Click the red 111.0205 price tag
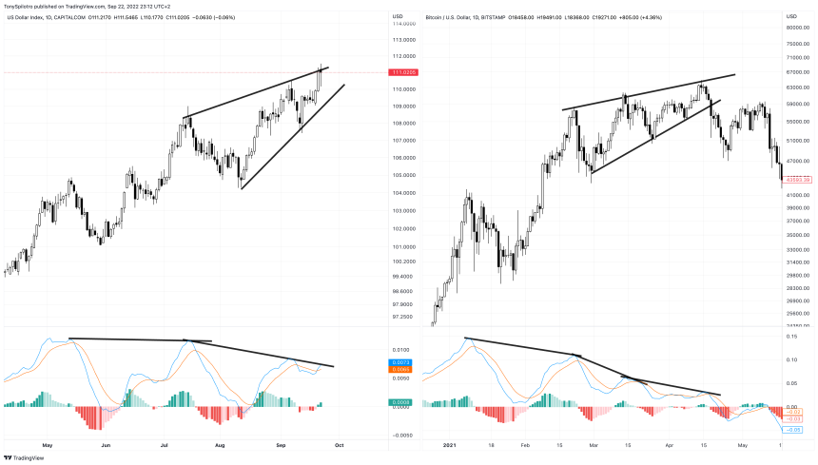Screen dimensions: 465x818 tap(403, 72)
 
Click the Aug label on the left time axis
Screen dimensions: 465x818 tap(221, 444)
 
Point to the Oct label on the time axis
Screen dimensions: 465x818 tap(338, 444)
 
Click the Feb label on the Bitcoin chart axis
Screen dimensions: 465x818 tap(525, 444)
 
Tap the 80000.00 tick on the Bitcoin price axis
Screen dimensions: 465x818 tap(797, 28)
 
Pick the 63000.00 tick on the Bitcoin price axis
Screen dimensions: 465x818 tap(797, 87)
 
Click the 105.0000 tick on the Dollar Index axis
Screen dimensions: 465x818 tap(404, 176)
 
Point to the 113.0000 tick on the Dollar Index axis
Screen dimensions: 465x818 tap(404, 41)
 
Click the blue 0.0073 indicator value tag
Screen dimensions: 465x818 tap(401, 363)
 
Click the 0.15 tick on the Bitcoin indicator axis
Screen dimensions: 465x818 tap(792, 337)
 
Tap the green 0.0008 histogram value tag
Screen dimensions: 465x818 tap(401, 403)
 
